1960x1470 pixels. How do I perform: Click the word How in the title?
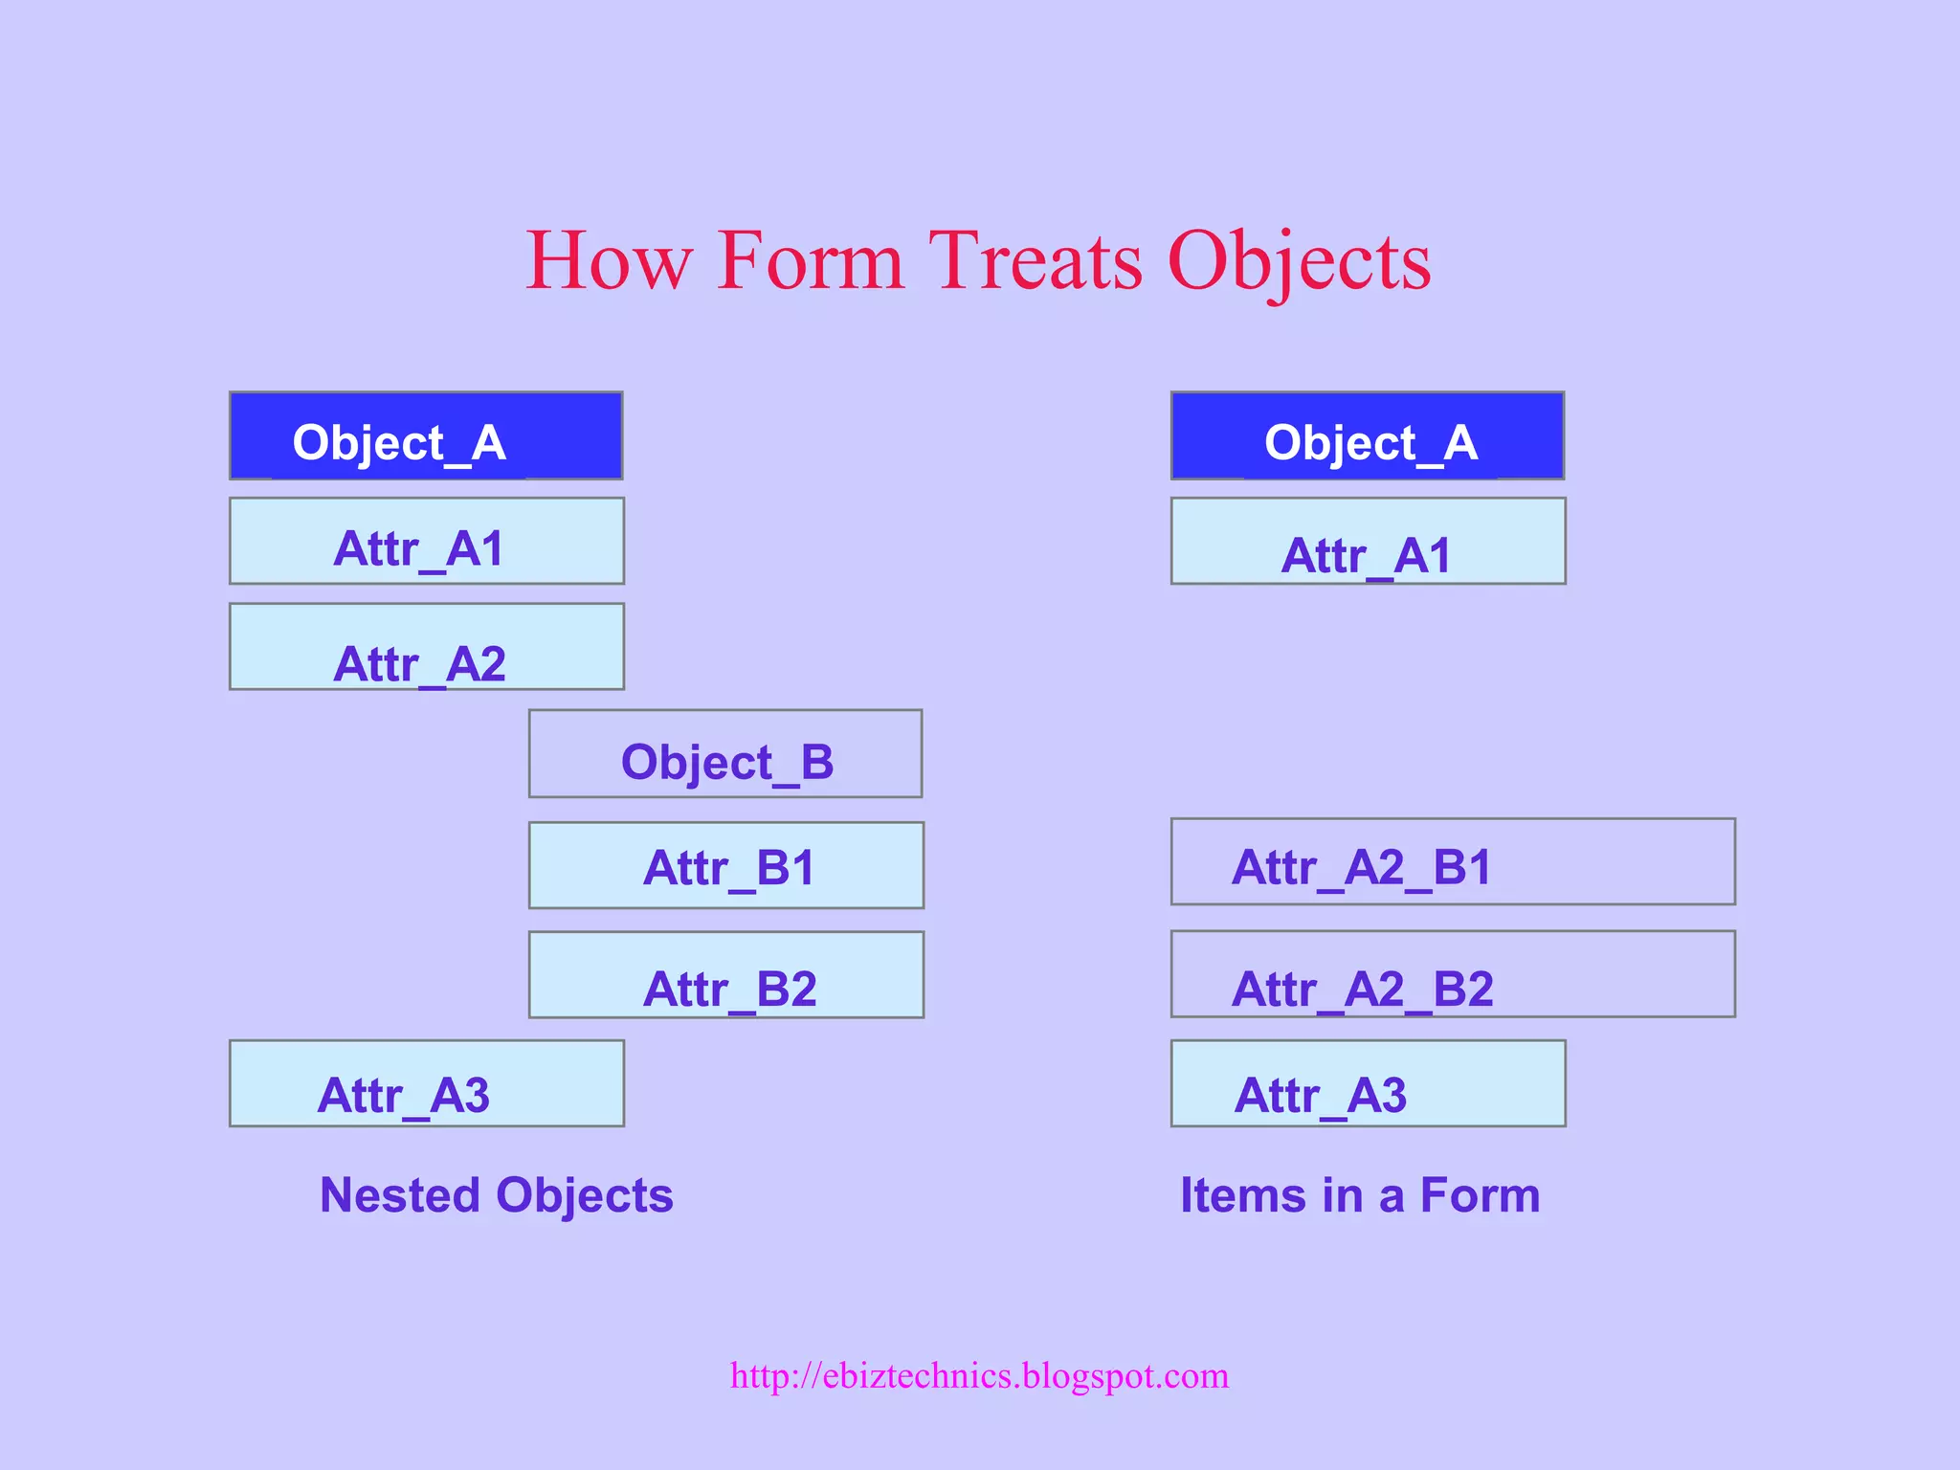609,260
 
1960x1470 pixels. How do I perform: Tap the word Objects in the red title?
1299,260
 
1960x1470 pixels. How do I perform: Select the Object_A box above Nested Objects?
426,435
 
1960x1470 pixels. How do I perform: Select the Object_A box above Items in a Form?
1368,435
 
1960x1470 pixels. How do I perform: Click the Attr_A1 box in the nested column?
426,541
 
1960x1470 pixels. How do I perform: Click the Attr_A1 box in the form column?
1368,541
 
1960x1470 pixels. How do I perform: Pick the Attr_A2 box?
426,646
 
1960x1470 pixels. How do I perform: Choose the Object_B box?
725,754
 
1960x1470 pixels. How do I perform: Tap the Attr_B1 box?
725,865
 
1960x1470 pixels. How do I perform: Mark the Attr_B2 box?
725,974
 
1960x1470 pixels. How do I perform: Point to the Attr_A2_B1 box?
1453,861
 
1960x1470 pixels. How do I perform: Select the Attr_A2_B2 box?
1453,973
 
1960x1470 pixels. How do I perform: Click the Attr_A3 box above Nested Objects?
426,1083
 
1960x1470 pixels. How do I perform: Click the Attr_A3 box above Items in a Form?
1368,1083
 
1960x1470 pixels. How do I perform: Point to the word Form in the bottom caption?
1480,1195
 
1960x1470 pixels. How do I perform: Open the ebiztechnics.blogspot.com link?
979,1376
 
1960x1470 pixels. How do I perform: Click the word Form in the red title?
810,260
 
